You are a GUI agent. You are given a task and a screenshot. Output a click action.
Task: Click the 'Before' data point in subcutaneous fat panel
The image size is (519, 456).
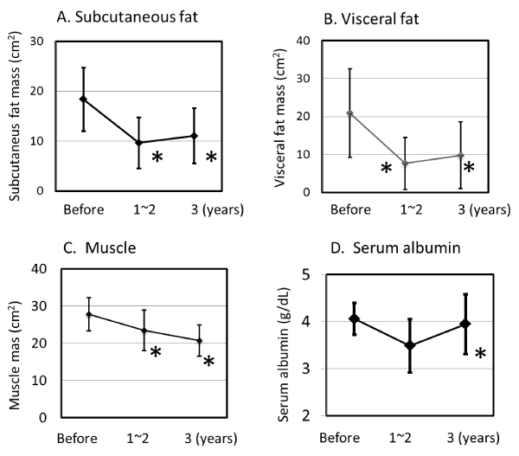pyautogui.click(x=84, y=99)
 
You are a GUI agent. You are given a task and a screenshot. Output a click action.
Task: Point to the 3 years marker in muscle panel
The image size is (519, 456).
pyautogui.click(x=199, y=340)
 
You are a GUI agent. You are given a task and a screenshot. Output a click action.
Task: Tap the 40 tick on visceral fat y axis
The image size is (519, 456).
pyautogui.click(x=304, y=41)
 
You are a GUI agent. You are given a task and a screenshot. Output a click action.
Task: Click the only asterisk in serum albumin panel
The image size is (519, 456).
pyautogui.click(x=480, y=355)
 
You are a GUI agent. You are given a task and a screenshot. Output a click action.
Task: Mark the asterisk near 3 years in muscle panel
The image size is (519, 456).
pyautogui.click(x=208, y=363)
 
